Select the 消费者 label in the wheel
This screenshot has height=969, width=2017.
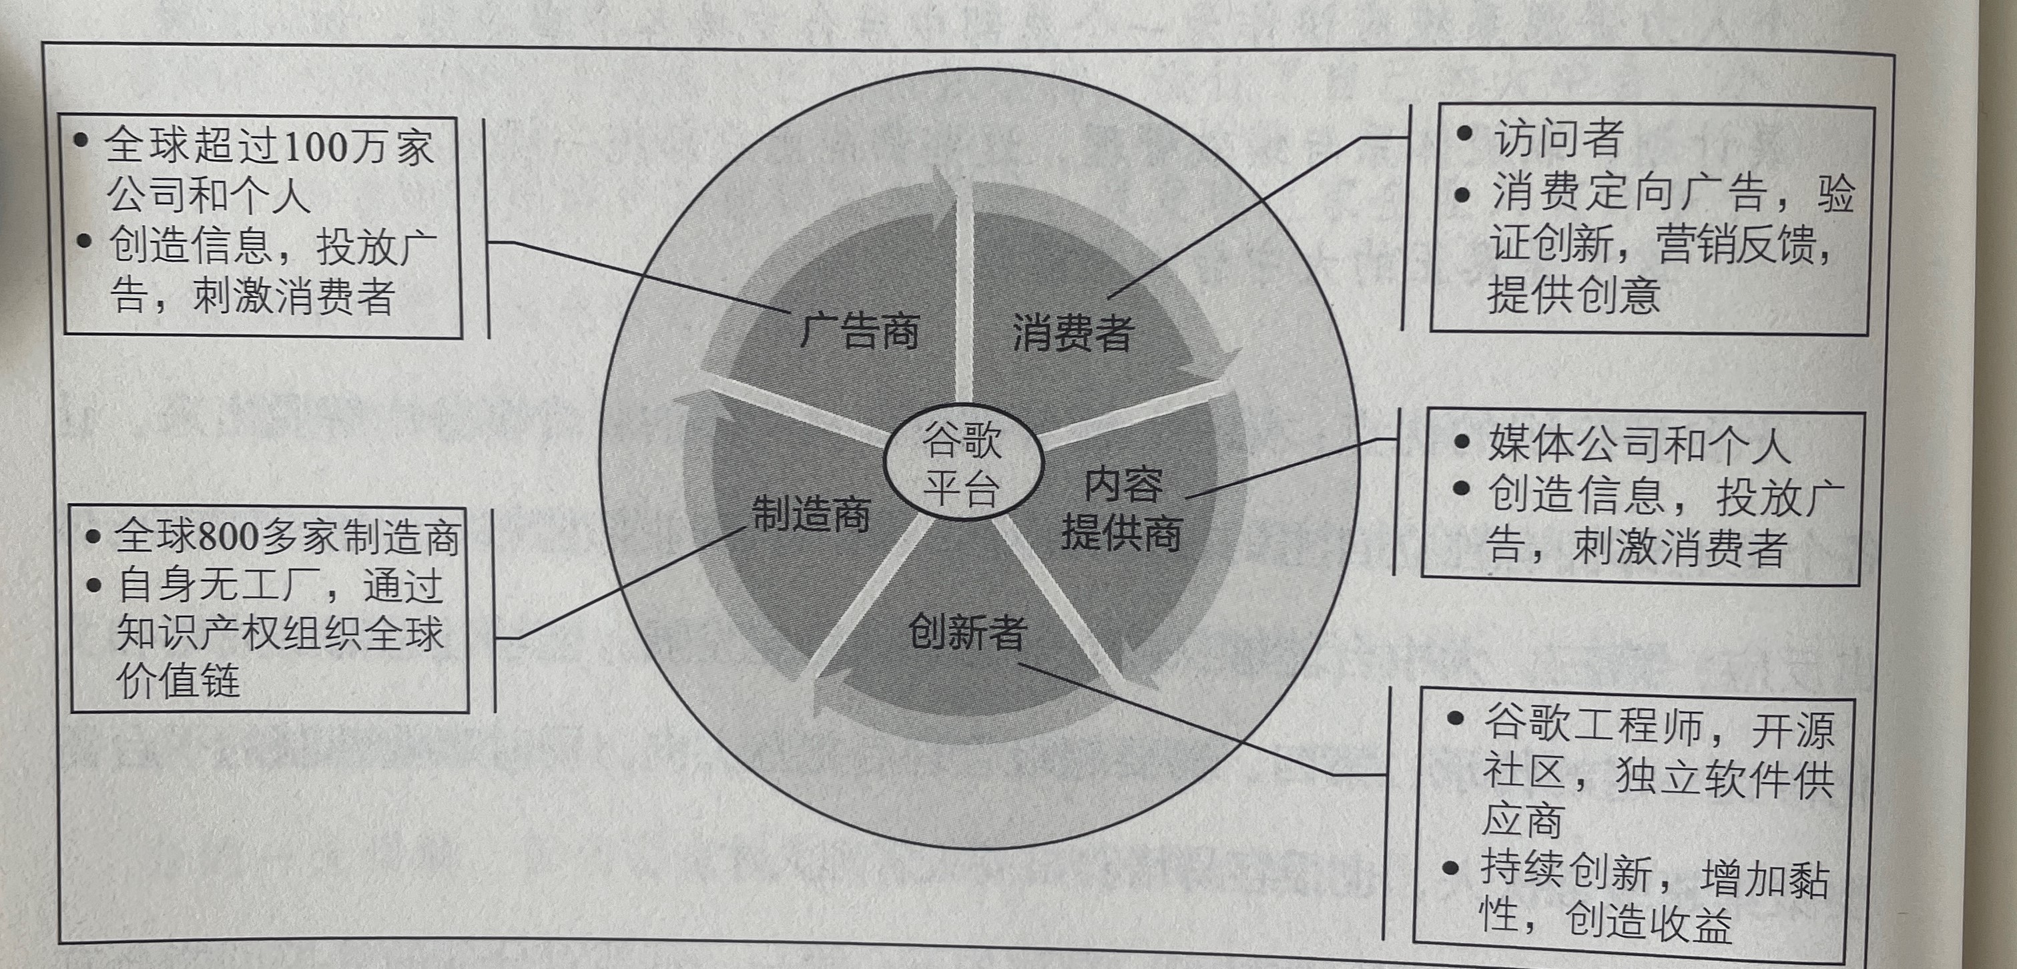[1073, 332]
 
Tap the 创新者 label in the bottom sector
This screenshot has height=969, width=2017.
[967, 631]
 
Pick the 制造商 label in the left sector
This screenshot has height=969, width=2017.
[811, 514]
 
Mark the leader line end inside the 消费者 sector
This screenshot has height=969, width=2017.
[1109, 299]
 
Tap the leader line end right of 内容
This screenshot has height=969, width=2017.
[1187, 497]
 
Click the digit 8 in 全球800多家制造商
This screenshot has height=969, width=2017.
[208, 538]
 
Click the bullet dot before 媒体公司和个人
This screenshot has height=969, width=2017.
[1460, 441]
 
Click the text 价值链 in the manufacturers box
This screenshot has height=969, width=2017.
[178, 680]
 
